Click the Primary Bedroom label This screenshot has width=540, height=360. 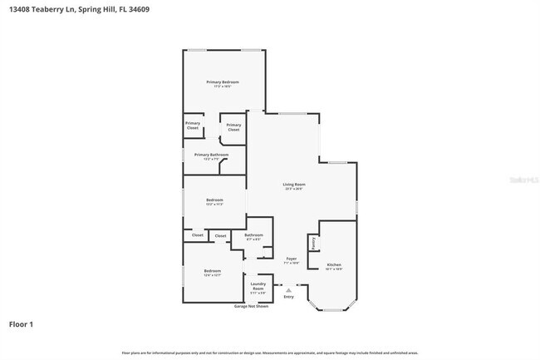point(223,81)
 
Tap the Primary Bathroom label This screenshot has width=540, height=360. point(211,155)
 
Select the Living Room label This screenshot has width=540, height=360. point(294,184)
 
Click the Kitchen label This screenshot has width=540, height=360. point(332,265)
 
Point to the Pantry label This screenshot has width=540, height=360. point(313,244)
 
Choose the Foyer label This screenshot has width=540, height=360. point(292,259)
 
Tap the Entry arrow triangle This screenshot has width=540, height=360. point(288,290)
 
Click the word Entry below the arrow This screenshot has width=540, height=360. point(288,298)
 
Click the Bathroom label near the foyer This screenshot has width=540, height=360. point(253,235)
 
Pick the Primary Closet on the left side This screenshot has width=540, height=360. point(192,126)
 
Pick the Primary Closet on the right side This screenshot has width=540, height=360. point(233,127)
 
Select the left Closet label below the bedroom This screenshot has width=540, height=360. point(198,235)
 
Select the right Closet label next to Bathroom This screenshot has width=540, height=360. point(220,235)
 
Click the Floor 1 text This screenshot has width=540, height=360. point(22,324)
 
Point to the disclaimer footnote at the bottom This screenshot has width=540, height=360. point(269,353)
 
